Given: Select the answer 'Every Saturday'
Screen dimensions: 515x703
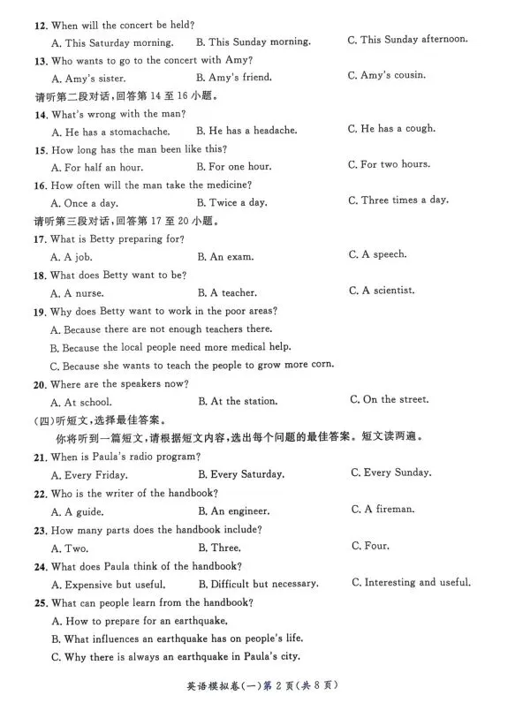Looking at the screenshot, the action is click(x=241, y=474).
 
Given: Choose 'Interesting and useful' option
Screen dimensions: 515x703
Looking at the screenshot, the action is click(x=411, y=582).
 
